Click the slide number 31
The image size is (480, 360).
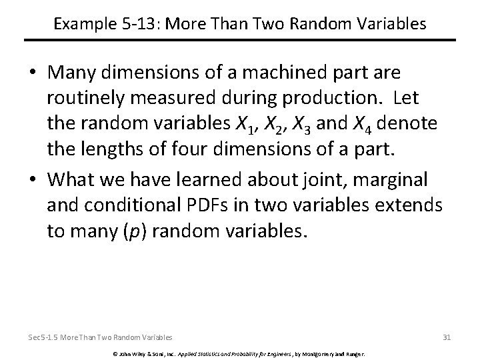(447, 337)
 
